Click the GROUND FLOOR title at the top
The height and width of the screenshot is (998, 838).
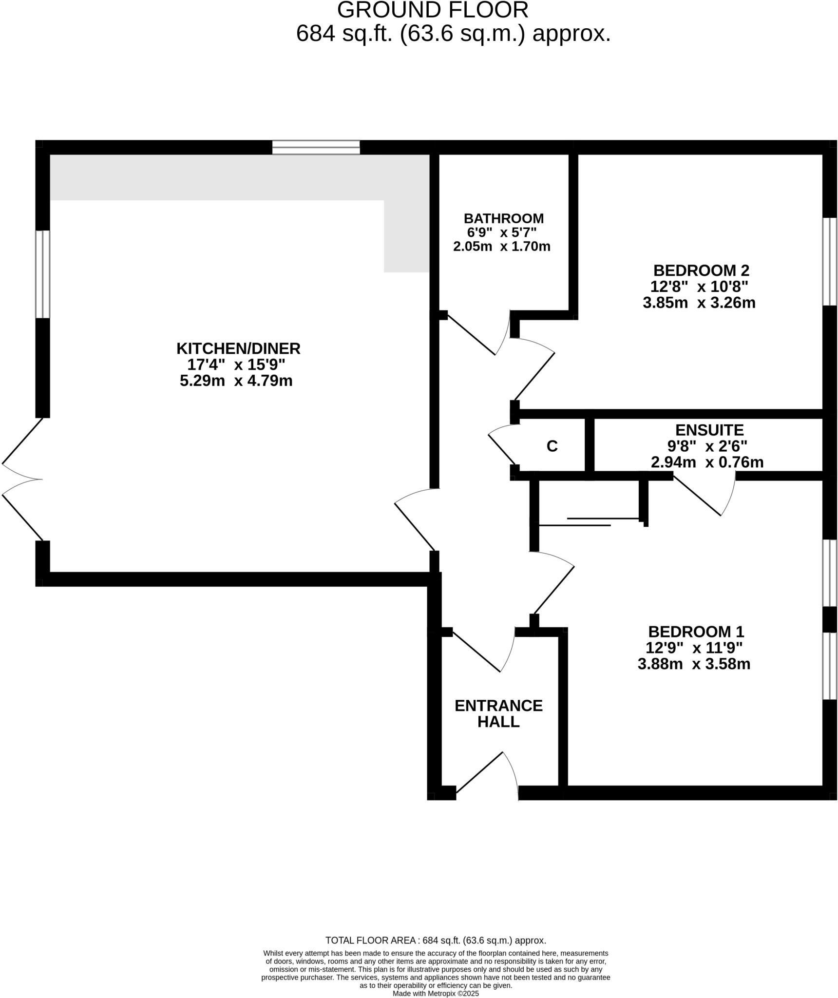click(x=432, y=10)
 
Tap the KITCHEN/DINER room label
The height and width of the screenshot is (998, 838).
click(x=238, y=348)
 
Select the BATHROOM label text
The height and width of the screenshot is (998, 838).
click(x=503, y=218)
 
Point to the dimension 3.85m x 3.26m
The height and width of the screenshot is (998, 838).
click(x=699, y=303)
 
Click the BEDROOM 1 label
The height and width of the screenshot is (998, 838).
click(x=696, y=632)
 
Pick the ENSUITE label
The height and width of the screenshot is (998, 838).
click(x=709, y=430)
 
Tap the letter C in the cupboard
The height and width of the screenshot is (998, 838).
click(x=552, y=446)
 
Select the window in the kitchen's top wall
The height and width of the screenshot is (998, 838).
click(x=316, y=147)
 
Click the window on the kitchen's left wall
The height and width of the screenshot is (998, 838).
click(x=43, y=274)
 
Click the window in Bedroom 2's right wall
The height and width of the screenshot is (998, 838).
click(x=829, y=261)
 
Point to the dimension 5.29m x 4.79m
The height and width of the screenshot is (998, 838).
click(x=236, y=380)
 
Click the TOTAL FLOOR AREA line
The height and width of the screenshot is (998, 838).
click(x=435, y=940)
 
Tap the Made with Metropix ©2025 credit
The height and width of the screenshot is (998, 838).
click(x=436, y=993)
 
